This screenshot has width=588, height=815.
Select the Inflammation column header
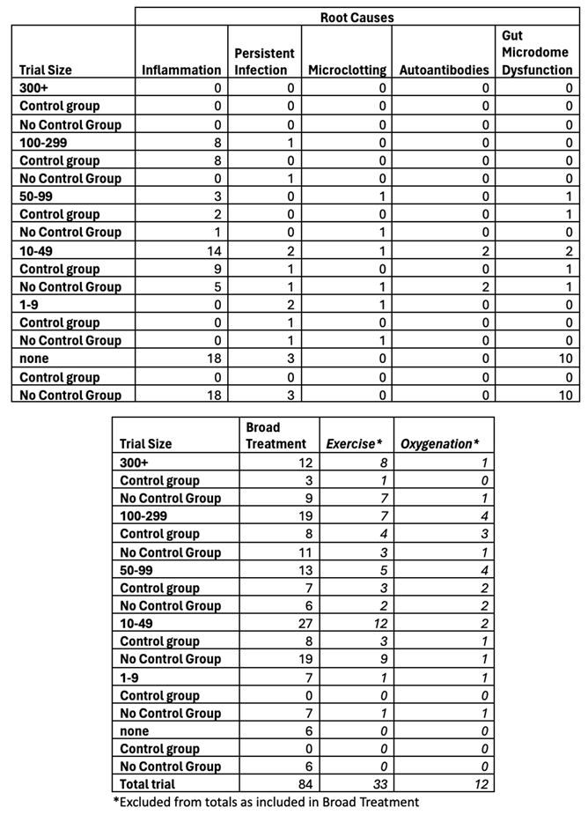pyautogui.click(x=181, y=70)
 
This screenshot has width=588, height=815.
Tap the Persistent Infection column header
pyautogui.click(x=264, y=62)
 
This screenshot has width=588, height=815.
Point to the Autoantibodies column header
pyautogui.click(x=444, y=70)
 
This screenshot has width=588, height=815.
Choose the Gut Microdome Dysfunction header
pyautogui.click(x=537, y=53)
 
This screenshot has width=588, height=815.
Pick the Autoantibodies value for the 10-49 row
pyautogui.click(x=484, y=250)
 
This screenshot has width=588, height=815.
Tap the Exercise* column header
pyautogui.click(x=355, y=444)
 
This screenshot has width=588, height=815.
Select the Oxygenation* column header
pyautogui.click(x=442, y=444)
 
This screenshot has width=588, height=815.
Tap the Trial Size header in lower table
pyautogui.click(x=146, y=444)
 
